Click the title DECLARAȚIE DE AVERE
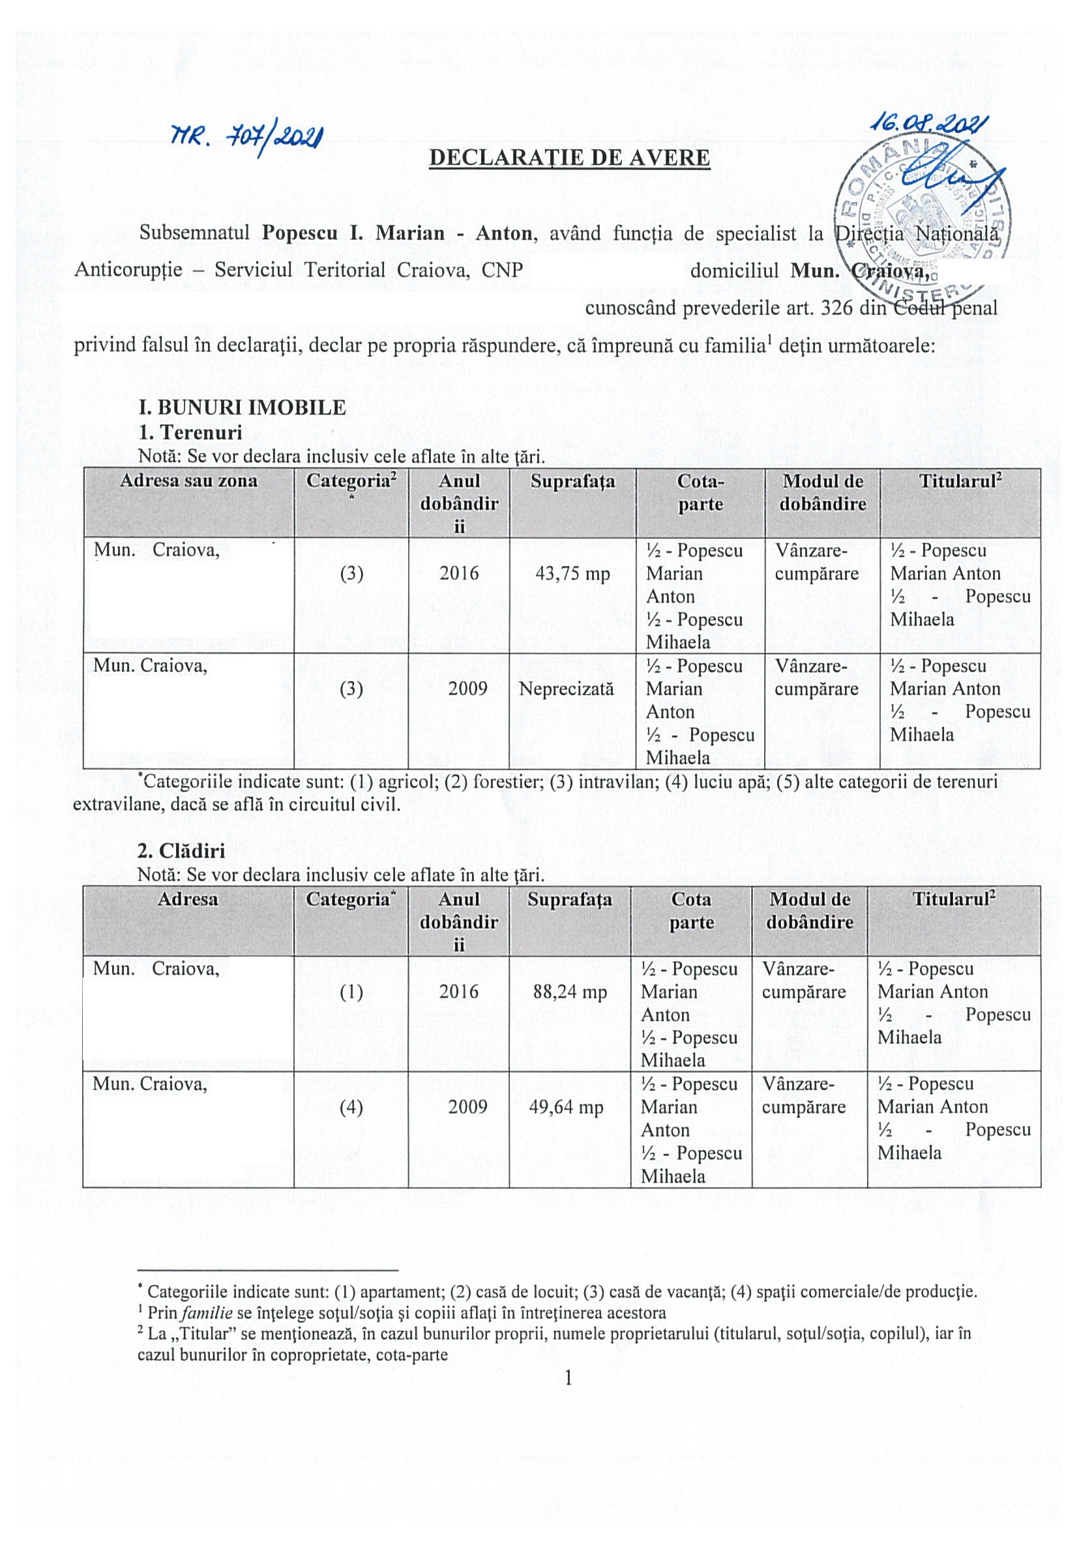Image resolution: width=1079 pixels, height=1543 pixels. (x=569, y=157)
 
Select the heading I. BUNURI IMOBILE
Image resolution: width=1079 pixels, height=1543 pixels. (x=242, y=407)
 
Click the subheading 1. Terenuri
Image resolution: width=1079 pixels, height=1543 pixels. (x=190, y=431)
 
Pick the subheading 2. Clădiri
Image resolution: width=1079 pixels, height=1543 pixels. (x=181, y=850)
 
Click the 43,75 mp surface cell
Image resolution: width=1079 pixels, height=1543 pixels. (x=572, y=573)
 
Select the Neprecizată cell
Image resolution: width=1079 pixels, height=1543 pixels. (x=566, y=688)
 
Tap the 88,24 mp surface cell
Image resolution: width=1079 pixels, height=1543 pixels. (x=569, y=991)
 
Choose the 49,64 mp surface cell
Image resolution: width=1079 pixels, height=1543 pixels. (x=566, y=1106)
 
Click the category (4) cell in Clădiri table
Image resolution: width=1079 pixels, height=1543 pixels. (x=351, y=1106)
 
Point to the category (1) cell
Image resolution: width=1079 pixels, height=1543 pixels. (x=351, y=991)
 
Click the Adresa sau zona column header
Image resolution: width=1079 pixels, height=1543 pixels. (x=188, y=480)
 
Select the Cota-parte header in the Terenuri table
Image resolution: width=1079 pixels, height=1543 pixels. (x=700, y=493)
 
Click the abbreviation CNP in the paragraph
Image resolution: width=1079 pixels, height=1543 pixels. (x=502, y=270)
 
